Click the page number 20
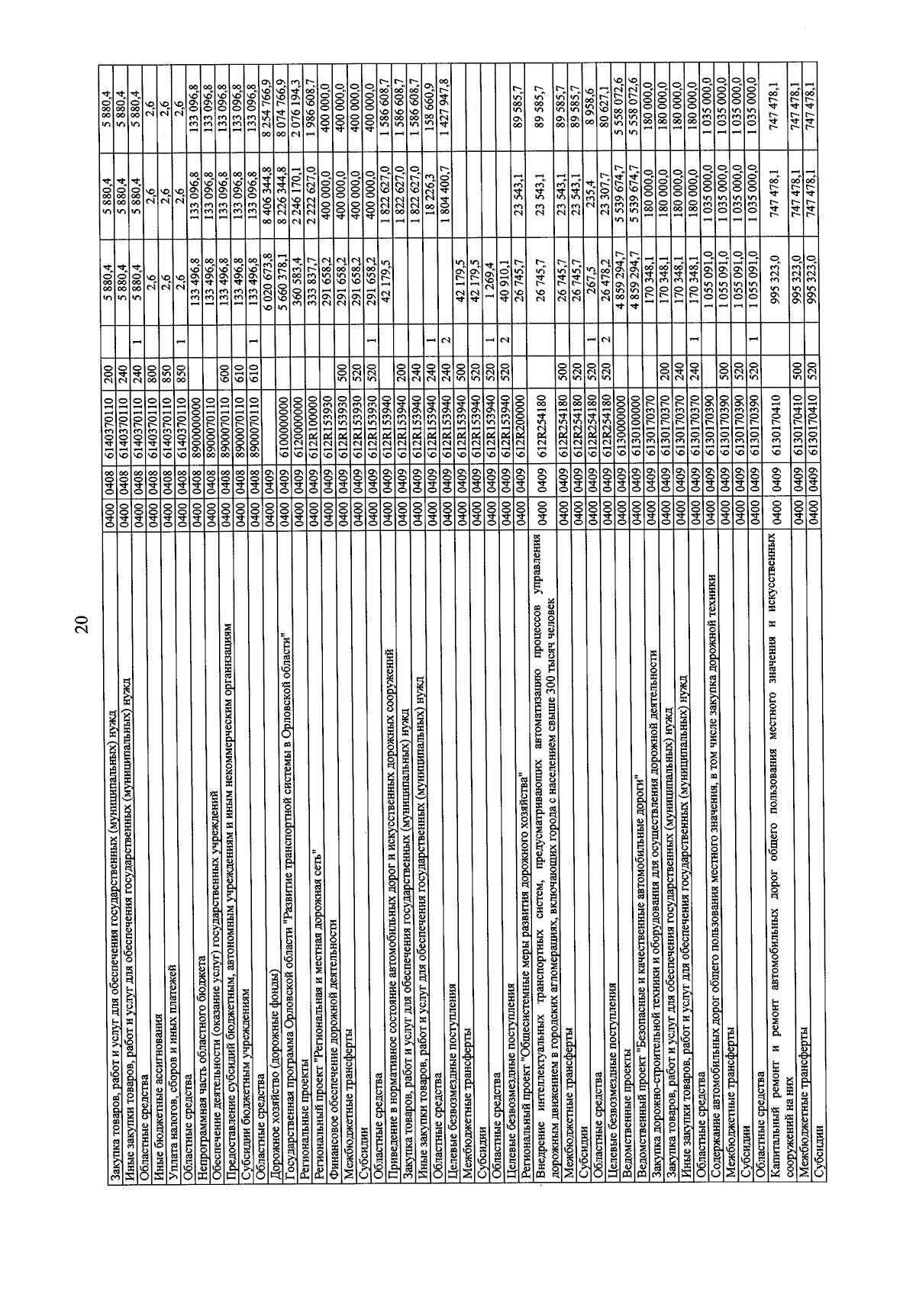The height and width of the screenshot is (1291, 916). coord(83,623)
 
